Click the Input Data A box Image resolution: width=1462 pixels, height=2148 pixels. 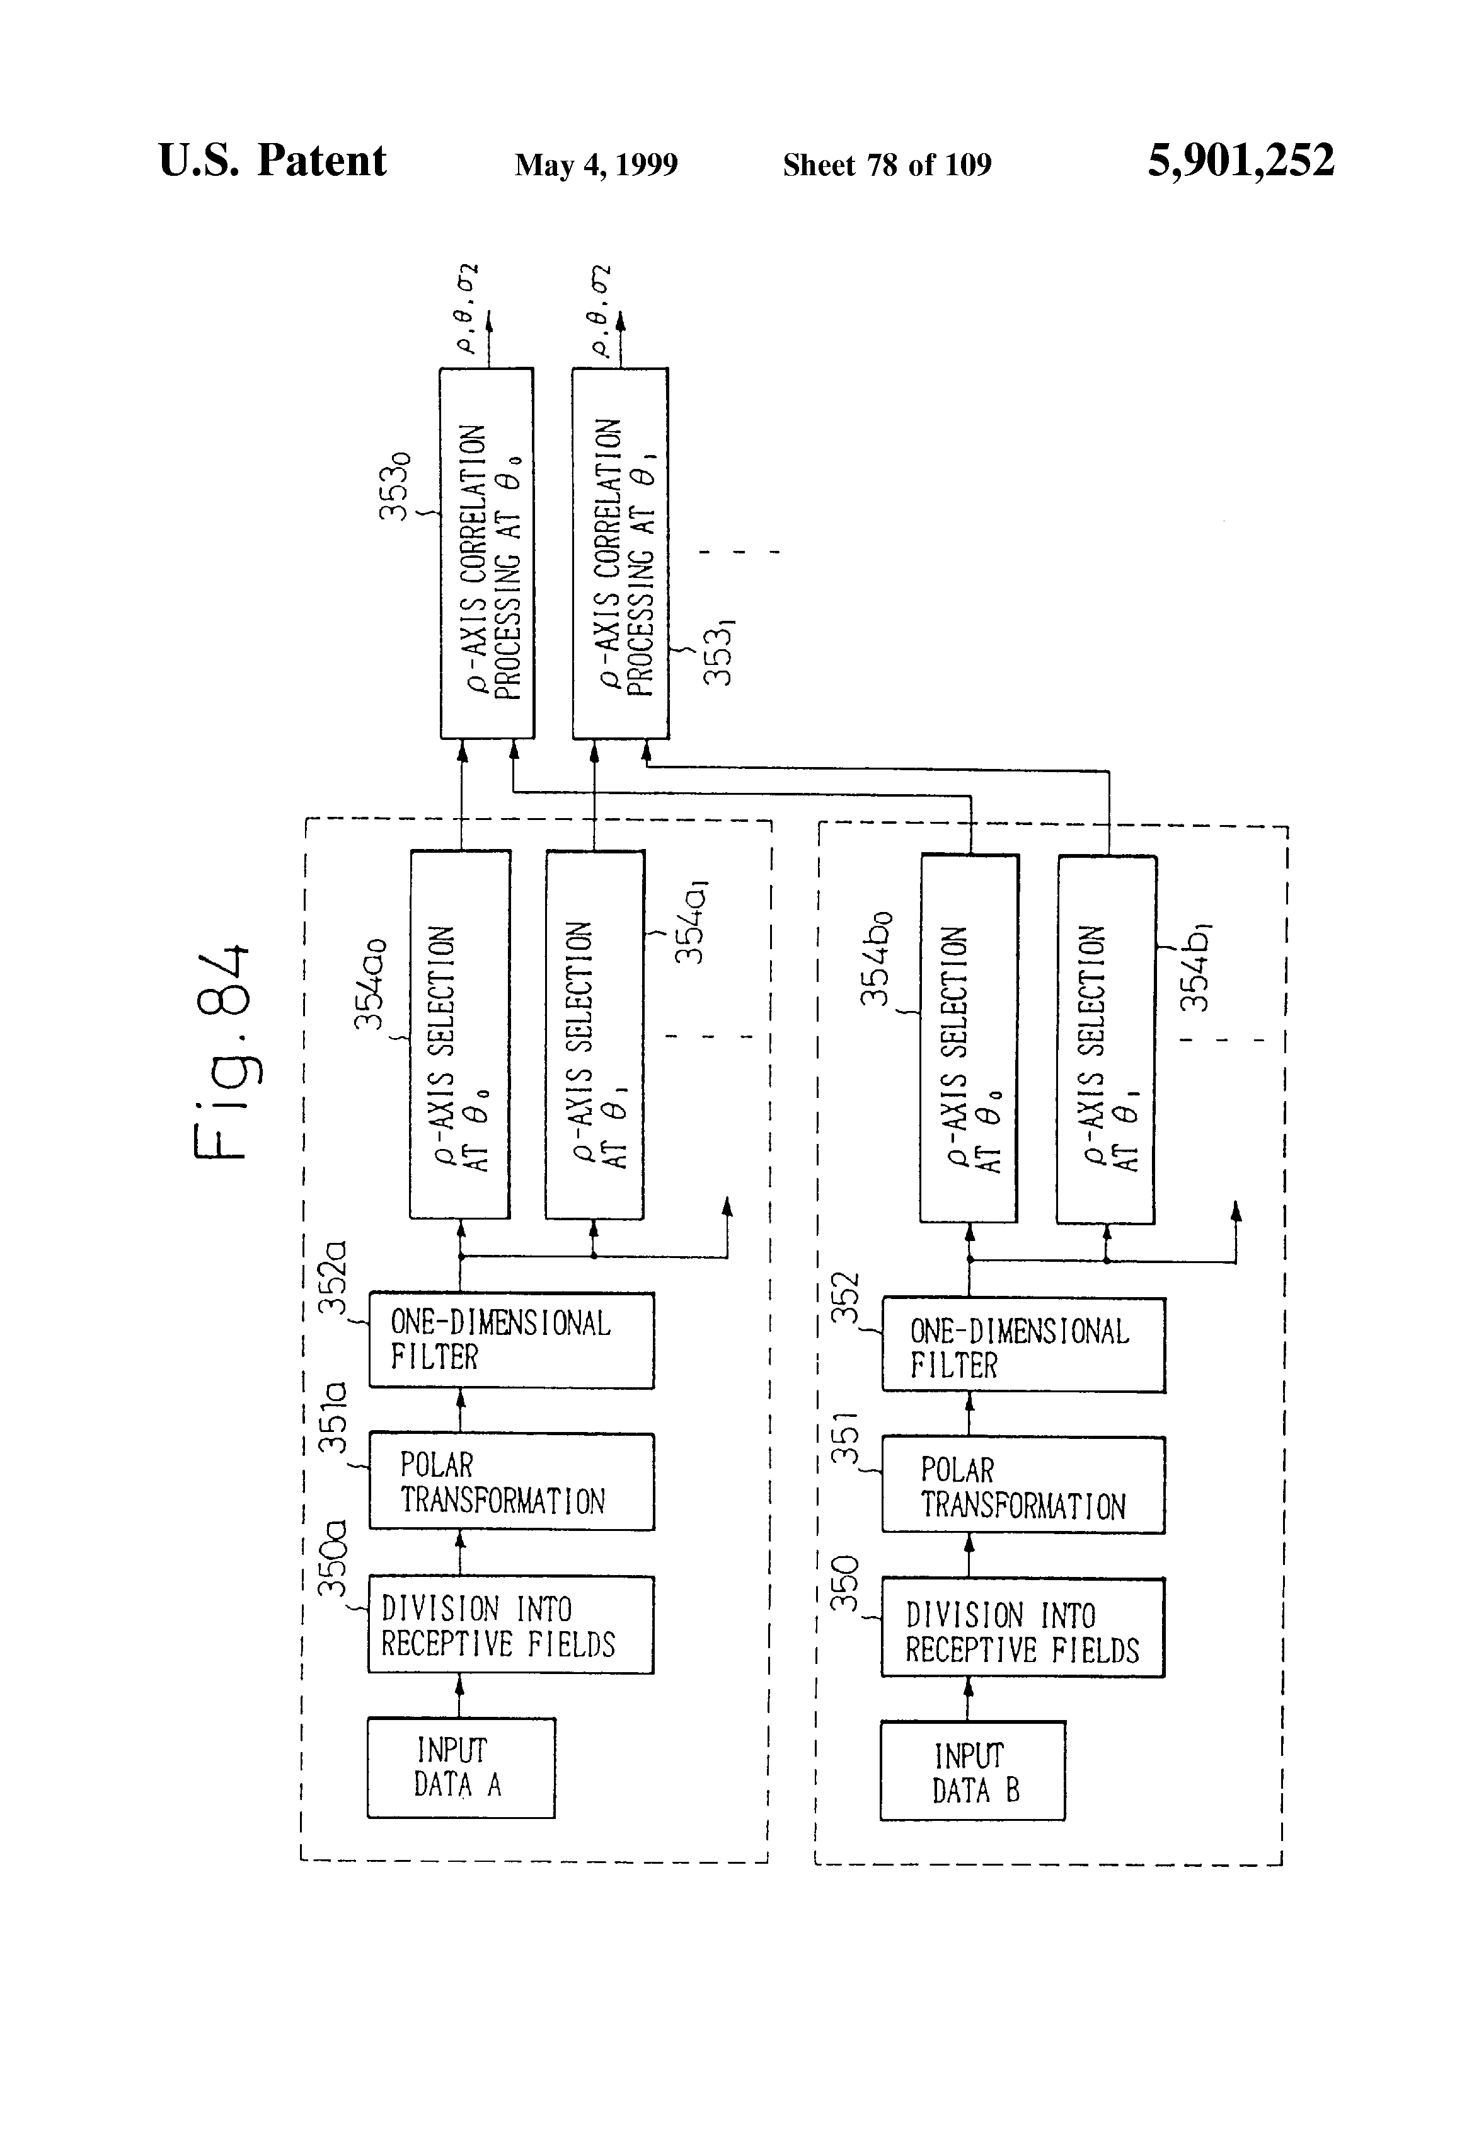click(x=461, y=1767)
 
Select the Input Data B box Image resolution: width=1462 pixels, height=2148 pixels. click(x=972, y=1771)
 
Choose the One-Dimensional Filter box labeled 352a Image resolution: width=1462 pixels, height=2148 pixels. click(x=511, y=1340)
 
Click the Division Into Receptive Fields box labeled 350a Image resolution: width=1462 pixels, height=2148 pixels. click(x=511, y=1625)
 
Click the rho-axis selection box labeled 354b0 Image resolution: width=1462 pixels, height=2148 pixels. click(x=969, y=1038)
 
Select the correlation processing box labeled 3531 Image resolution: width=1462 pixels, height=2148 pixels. click(x=620, y=553)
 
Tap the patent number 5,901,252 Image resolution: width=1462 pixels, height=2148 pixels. click(x=1240, y=161)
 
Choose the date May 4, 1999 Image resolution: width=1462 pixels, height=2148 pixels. click(x=596, y=165)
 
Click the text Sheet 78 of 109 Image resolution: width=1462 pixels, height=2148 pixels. click(x=887, y=165)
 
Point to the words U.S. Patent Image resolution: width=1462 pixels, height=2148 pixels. click(x=273, y=161)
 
